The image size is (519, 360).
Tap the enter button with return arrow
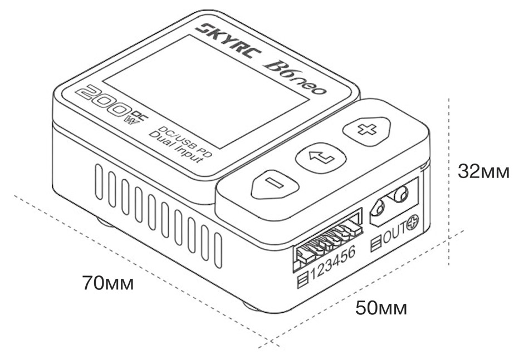[321, 157]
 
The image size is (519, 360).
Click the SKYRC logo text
[229, 40]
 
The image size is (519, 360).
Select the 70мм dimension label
[108, 283]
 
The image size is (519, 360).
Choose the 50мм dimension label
[381, 308]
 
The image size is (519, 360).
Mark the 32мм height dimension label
[483, 171]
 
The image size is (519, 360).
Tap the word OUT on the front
[395, 233]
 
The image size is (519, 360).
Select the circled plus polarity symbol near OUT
[413, 223]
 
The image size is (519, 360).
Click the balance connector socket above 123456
[327, 238]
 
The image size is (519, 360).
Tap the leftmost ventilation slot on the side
[99, 182]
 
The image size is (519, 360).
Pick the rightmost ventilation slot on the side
[218, 250]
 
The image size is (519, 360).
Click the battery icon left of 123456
[303, 280]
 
